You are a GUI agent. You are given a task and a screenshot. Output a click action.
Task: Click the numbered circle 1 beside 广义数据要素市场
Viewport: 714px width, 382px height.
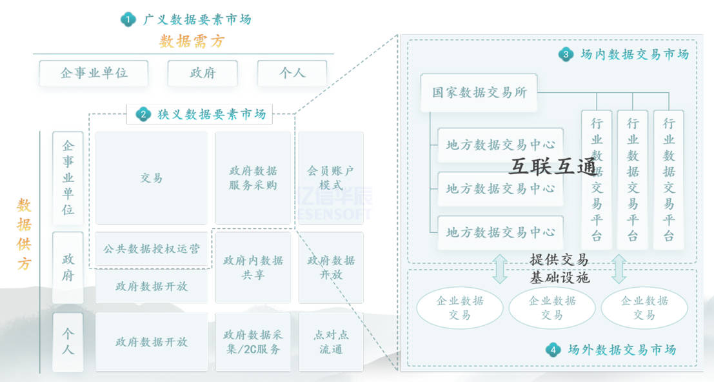[128, 20]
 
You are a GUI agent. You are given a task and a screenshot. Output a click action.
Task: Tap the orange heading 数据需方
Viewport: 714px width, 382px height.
[192, 42]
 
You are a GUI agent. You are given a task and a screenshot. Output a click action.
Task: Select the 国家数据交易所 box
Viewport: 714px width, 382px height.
[479, 92]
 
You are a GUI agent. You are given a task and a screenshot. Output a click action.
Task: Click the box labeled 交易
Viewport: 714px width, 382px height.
[152, 178]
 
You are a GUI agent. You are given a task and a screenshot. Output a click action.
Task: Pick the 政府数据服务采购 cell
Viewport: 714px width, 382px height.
[253, 178]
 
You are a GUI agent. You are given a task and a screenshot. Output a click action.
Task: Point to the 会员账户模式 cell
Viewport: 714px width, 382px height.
[331, 178]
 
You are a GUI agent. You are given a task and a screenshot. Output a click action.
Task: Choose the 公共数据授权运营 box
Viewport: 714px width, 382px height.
[152, 248]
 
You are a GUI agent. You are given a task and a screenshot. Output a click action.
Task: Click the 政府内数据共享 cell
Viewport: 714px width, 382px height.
[253, 268]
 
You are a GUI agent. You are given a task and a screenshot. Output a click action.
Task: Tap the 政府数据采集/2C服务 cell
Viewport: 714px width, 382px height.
[253, 342]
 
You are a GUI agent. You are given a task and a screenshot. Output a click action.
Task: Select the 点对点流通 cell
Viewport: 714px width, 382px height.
[331, 342]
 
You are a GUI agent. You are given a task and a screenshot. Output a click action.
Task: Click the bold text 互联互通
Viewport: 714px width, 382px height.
[553, 167]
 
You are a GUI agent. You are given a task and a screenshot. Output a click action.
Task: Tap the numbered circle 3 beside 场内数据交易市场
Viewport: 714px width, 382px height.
[566, 55]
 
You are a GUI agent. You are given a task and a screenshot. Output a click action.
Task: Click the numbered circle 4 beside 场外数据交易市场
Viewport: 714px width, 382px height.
[553, 350]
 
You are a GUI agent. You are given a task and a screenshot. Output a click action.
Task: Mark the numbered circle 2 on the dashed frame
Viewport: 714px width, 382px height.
[143, 115]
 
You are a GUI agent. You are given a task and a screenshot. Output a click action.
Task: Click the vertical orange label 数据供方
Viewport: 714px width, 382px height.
[25, 234]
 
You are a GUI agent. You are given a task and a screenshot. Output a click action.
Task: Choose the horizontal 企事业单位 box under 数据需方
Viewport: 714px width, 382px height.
[94, 73]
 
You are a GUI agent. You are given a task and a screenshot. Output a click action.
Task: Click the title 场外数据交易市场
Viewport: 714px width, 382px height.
[622, 350]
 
